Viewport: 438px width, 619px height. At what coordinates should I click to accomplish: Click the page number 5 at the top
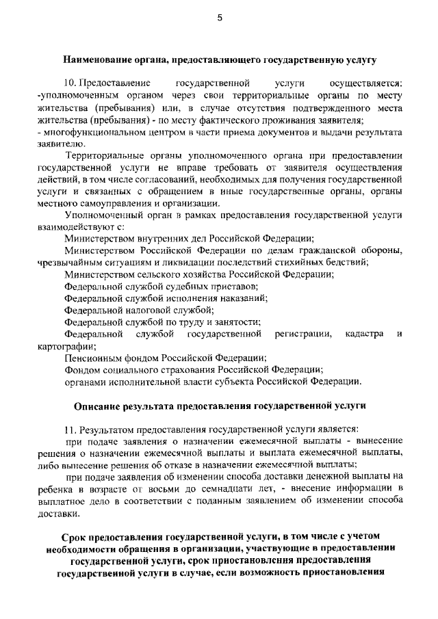pyautogui.click(x=219, y=18)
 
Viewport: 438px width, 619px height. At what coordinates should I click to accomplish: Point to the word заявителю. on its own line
pyautogui.click(x=61, y=143)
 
